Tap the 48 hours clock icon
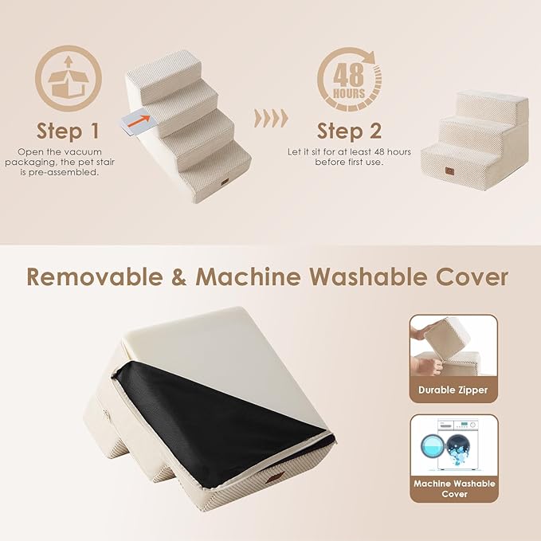coord(350,79)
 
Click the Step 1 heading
coord(68,131)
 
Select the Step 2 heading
coord(349,131)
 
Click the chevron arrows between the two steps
coord(271,119)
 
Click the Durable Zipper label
coord(453,390)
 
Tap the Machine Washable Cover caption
coord(453,488)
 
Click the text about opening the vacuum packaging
coord(68,161)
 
